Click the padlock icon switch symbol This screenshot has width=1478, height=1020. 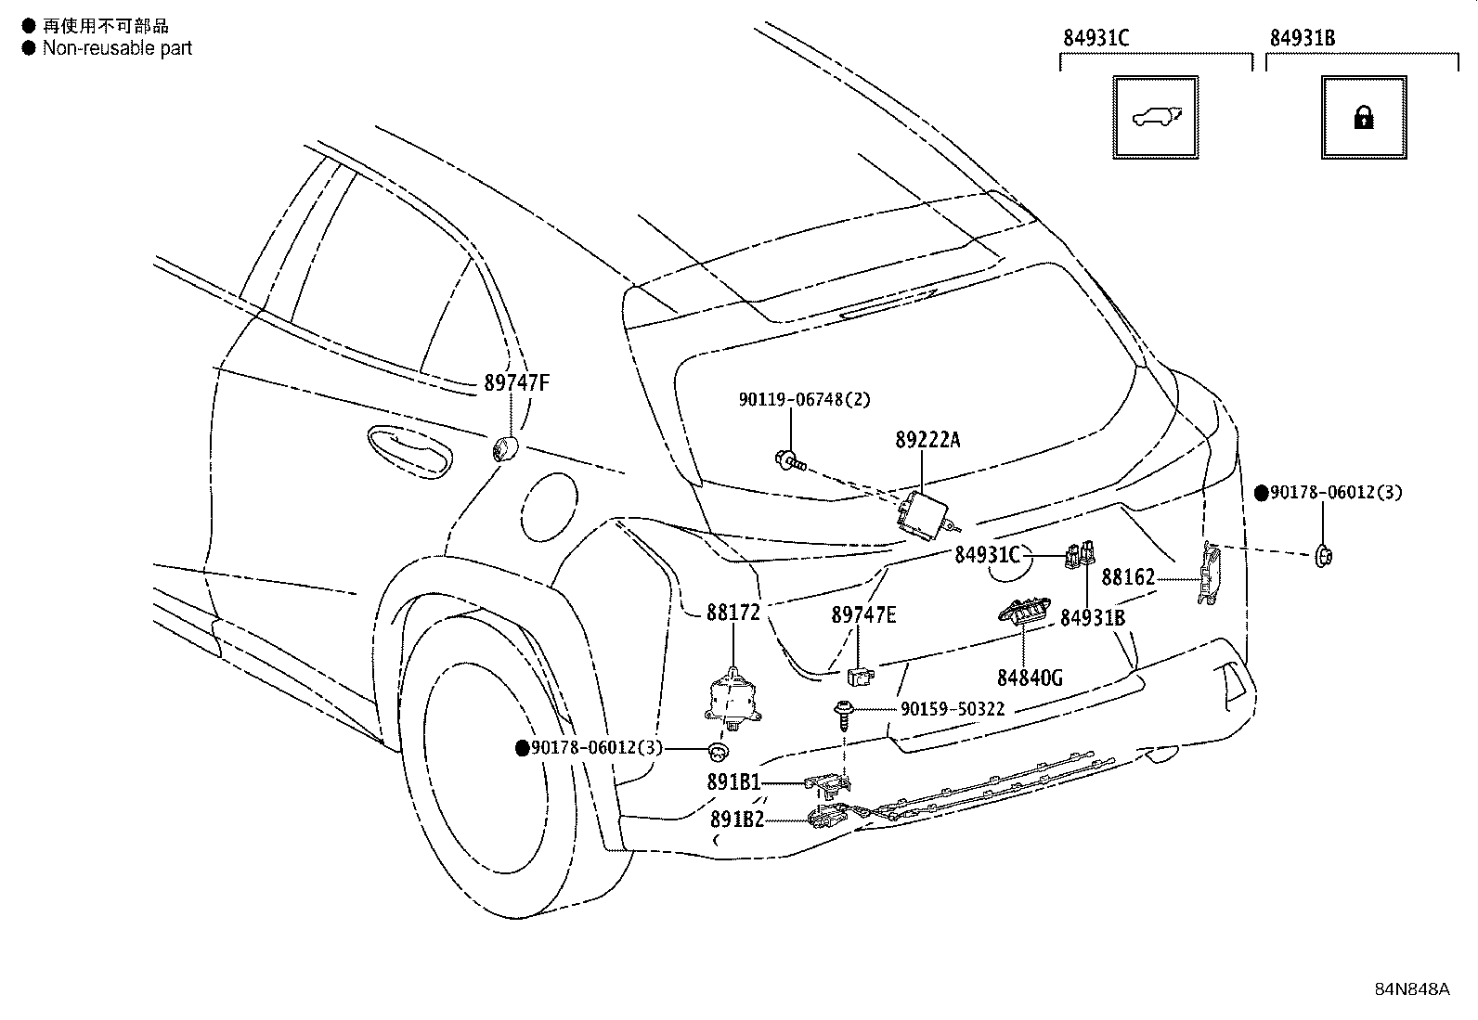pos(1363,118)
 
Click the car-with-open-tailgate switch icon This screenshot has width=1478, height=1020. pos(1155,118)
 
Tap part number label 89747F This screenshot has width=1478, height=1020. pos(516,382)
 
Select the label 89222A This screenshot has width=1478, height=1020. pos(927,440)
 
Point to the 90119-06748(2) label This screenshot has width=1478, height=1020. pos(804,399)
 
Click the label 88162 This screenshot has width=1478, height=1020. pos(1128,577)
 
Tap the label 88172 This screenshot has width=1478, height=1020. pos(733,613)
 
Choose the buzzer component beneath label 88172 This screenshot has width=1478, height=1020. pos(732,700)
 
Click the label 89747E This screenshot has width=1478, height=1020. pos(863,615)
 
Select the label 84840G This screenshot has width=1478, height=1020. pos(1030,678)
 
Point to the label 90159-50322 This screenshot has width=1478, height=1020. pos(953,709)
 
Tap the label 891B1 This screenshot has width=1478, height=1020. pos(733,782)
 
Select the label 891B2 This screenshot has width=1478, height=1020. pos(737,820)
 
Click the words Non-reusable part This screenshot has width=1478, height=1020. pos(117,48)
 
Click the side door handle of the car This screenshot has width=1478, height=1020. pos(409,451)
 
